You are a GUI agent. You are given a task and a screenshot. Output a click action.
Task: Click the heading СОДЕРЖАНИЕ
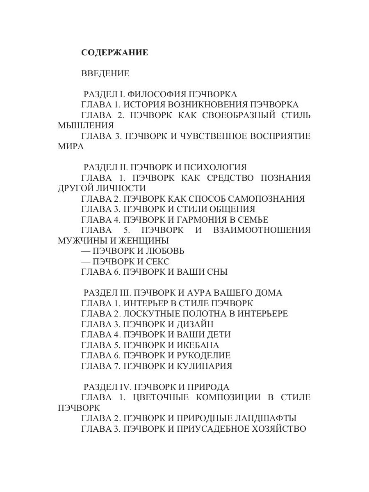(x=114, y=53)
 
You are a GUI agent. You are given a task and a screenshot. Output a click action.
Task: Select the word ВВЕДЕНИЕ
(x=105, y=74)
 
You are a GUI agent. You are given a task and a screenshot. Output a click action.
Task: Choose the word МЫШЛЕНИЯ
(x=86, y=126)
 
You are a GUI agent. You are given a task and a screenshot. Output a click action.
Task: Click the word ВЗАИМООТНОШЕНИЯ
(x=262, y=230)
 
